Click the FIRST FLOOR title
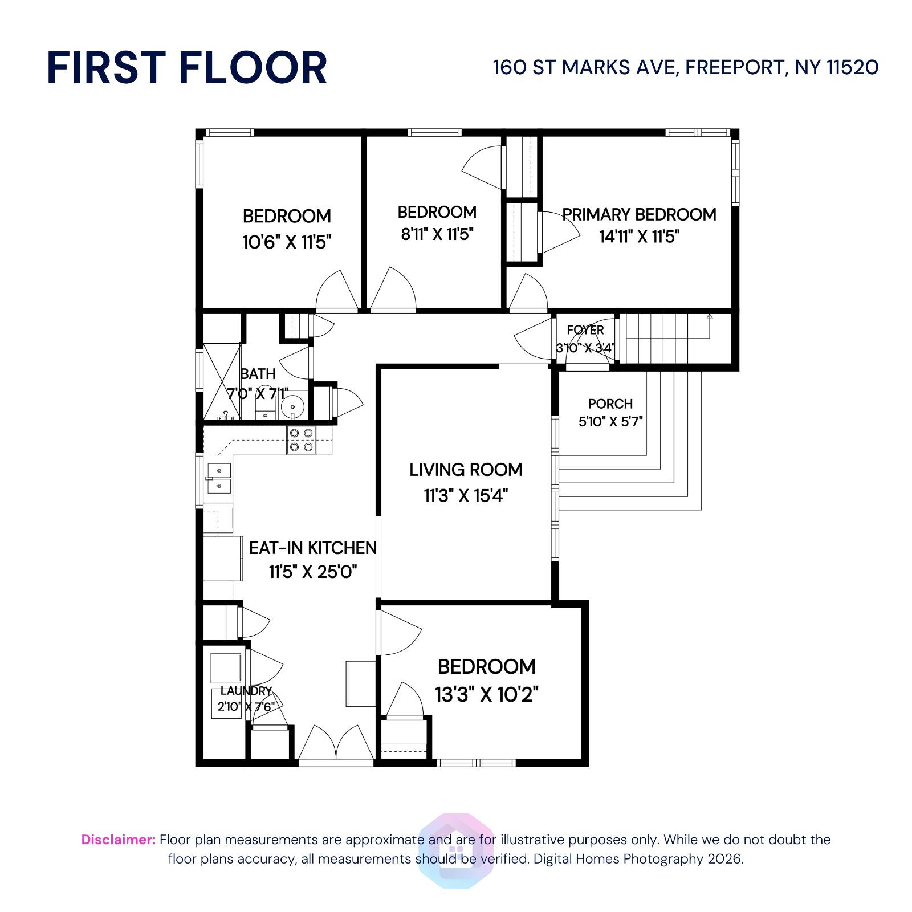tap(187, 68)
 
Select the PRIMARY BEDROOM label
tap(639, 214)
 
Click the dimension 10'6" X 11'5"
tap(287, 242)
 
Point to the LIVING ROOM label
tap(466, 470)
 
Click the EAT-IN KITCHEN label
tap(313, 548)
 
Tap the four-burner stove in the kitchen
tap(302, 440)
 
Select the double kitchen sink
tap(218, 478)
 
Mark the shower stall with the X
tap(222, 381)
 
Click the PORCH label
tap(610, 404)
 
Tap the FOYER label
tap(585, 330)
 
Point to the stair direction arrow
tap(710, 316)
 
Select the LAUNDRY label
tap(246, 691)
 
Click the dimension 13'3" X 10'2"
tap(487, 695)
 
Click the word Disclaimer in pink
tap(118, 840)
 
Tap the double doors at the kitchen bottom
tap(336, 744)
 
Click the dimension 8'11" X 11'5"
tap(437, 234)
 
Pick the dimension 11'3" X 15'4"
tap(466, 495)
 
